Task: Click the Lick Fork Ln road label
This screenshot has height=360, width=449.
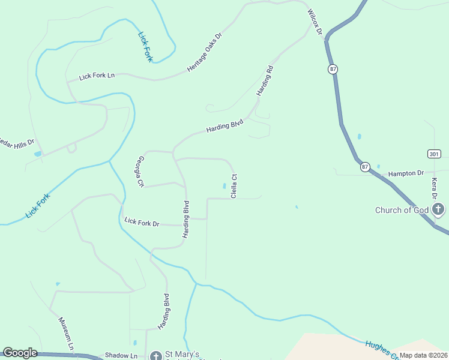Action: click(97, 76)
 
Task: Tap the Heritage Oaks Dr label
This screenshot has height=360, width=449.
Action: click(204, 52)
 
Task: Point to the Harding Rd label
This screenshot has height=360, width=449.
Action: click(265, 81)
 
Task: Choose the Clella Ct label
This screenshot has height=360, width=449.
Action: click(235, 186)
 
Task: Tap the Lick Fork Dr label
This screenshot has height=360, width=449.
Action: click(142, 223)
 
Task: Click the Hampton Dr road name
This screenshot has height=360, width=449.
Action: click(406, 173)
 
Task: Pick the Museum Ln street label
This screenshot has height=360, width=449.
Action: click(66, 334)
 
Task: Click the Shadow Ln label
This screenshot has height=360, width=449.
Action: click(121, 356)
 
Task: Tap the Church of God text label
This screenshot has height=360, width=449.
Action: click(401, 210)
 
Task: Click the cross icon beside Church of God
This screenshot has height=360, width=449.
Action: click(438, 209)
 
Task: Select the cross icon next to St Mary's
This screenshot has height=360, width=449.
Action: click(155, 356)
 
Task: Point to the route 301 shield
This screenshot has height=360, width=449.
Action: click(434, 154)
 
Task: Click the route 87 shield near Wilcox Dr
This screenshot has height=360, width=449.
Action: click(333, 70)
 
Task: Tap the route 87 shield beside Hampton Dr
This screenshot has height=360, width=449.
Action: click(366, 167)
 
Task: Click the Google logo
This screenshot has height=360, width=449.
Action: click(20, 353)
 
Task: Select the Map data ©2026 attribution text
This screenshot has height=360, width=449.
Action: click(423, 356)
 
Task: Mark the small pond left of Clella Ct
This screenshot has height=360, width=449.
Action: click(224, 186)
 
